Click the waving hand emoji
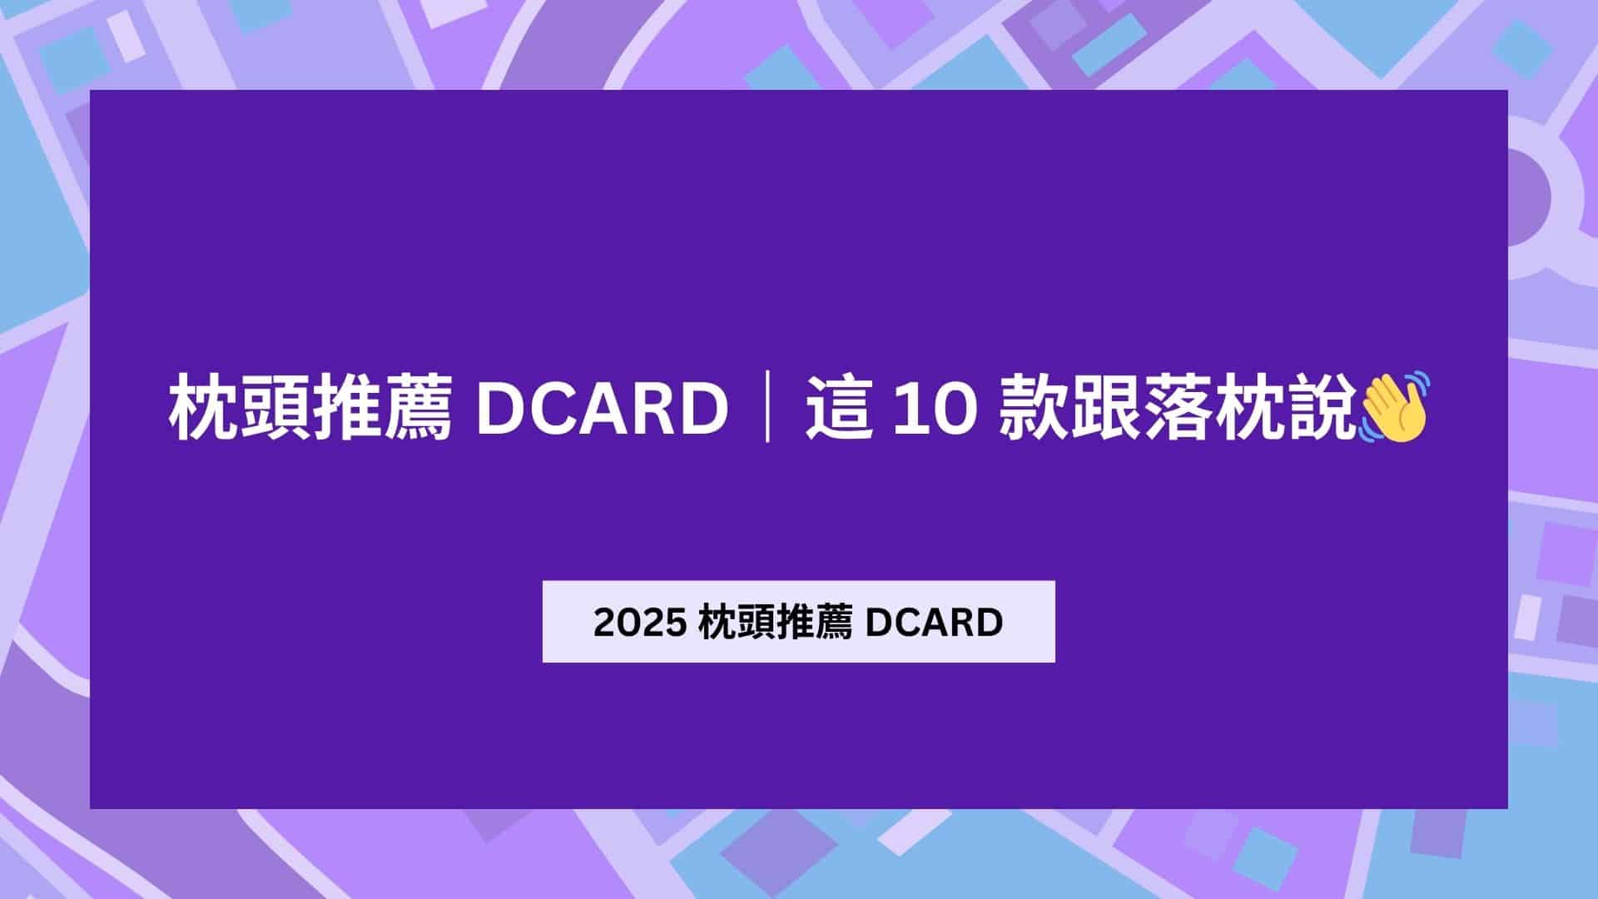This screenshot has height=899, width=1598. coord(1393,407)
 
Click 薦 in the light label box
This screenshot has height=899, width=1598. coord(833,623)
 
